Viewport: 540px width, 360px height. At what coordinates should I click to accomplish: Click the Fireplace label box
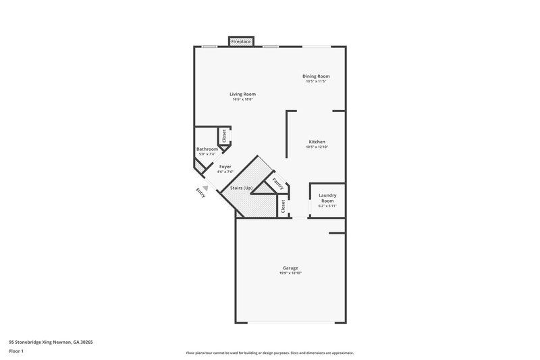tap(242, 42)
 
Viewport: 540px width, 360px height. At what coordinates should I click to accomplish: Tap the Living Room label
tap(242, 94)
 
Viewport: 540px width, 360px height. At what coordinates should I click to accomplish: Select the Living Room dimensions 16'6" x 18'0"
tap(242, 100)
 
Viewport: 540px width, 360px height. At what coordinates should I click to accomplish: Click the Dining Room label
tap(316, 76)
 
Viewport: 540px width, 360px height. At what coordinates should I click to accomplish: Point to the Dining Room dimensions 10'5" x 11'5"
tap(316, 82)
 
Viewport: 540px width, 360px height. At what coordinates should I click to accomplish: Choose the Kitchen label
tap(317, 142)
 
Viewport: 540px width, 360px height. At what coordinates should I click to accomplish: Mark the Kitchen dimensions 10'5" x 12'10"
tap(317, 147)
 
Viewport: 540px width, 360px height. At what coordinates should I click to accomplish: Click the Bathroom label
tap(207, 149)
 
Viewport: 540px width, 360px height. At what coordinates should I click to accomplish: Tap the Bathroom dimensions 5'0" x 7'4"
tap(207, 154)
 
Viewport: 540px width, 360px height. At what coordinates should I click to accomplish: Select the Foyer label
tap(225, 166)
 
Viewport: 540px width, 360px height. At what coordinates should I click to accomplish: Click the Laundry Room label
tap(327, 198)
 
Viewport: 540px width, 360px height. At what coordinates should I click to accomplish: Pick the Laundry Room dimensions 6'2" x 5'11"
tap(327, 207)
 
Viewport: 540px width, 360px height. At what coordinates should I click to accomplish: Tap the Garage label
tap(291, 267)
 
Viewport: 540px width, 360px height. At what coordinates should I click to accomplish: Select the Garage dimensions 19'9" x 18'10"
tap(291, 273)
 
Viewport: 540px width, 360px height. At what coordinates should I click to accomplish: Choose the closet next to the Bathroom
tap(224, 135)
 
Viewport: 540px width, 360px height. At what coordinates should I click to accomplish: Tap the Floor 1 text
tap(16, 352)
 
